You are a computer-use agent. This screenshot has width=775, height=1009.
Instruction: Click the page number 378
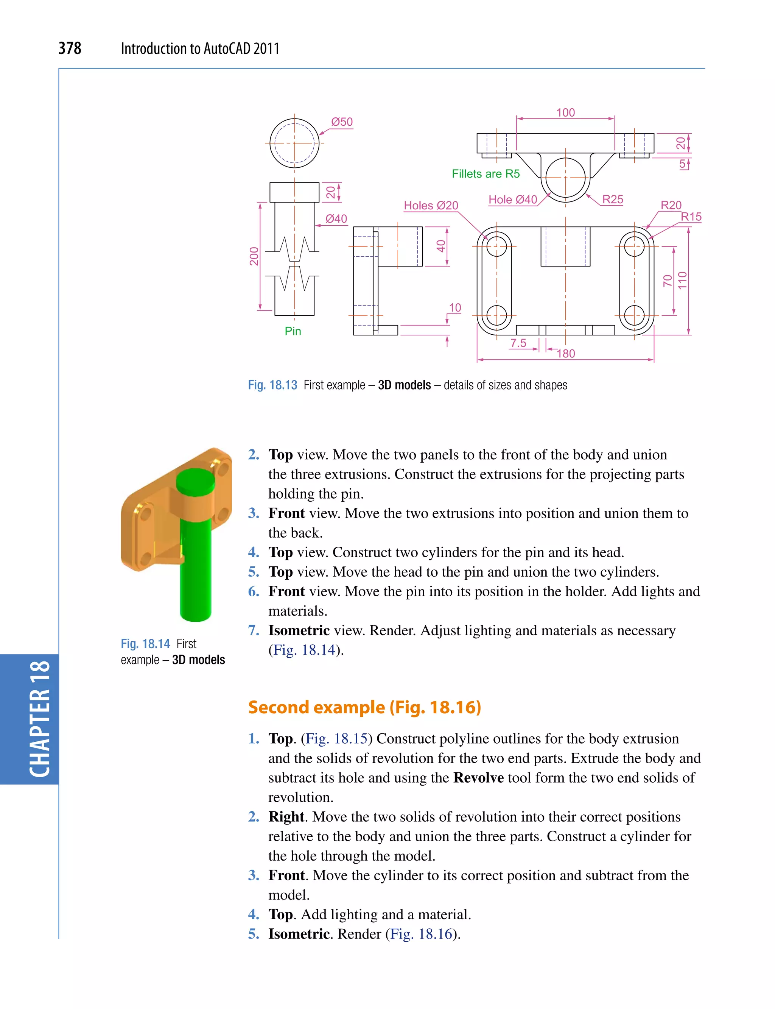[70, 48]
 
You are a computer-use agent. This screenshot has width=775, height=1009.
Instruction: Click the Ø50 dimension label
[342, 122]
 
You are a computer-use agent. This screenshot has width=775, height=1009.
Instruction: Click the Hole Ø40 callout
[512, 200]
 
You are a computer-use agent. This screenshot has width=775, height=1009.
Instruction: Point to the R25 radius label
[612, 200]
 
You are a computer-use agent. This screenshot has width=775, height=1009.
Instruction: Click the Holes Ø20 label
[431, 206]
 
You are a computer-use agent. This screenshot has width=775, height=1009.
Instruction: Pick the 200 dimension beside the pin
[254, 257]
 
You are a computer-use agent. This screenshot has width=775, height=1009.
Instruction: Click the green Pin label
[293, 331]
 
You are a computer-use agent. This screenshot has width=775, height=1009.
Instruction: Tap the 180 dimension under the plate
[566, 354]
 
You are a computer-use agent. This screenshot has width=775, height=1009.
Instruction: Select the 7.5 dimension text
[518, 343]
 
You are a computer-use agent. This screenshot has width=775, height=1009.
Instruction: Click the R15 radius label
[691, 217]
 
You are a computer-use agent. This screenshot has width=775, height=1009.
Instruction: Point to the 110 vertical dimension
[682, 280]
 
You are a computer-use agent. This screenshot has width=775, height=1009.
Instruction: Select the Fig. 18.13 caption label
[272, 385]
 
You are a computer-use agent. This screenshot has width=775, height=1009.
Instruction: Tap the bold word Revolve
[478, 778]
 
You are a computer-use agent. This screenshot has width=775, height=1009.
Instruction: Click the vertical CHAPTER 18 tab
[40, 719]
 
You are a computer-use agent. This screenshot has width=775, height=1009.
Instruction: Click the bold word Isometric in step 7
[299, 630]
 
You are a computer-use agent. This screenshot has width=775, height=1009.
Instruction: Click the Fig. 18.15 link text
[336, 739]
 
